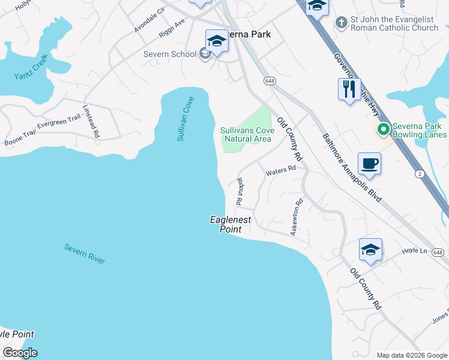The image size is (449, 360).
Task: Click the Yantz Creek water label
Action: (x=31, y=71)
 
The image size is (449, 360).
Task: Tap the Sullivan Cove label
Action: (x=185, y=119)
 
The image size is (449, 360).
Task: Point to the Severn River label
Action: (x=85, y=254)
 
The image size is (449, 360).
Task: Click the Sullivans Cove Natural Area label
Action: (x=247, y=134)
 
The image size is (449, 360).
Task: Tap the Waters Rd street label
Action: (x=281, y=170)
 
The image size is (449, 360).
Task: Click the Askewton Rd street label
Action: (x=297, y=217)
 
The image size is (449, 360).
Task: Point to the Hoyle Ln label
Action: (x=414, y=251)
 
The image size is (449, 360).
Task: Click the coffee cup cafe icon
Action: (x=369, y=163)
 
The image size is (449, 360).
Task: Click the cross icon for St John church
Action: (x=341, y=23)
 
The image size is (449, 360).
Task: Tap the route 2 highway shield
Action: (x=420, y=174)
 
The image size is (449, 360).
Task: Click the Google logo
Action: (x=20, y=353)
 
